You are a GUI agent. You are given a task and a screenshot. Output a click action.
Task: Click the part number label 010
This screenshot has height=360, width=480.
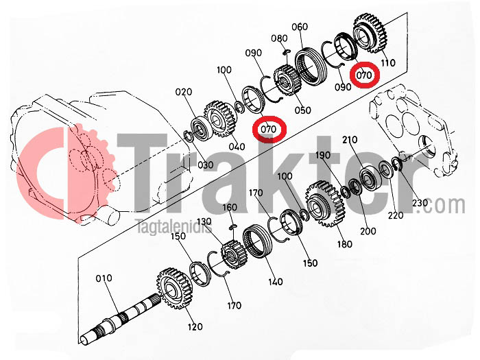click(x=104, y=278)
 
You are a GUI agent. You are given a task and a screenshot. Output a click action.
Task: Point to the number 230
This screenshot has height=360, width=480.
click(x=420, y=203)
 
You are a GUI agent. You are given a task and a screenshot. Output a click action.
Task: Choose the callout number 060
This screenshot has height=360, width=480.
click(x=300, y=27)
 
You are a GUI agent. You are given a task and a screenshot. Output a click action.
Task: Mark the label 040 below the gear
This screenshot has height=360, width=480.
click(x=237, y=147)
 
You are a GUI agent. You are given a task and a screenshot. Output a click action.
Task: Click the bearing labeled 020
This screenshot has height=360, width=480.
click(x=200, y=129)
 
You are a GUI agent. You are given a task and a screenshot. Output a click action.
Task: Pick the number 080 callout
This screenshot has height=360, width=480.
click(x=280, y=38)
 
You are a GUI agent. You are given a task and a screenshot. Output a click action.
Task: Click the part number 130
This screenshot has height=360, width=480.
click(x=204, y=221)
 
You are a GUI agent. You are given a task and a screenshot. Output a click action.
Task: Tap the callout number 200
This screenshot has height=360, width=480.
click(x=368, y=231)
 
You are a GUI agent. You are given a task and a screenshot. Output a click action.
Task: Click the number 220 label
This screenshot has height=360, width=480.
click(x=396, y=215)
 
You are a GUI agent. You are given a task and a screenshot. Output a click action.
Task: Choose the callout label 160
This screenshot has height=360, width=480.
click(x=230, y=208)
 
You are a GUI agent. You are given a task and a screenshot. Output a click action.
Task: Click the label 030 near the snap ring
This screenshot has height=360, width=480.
click(x=206, y=165)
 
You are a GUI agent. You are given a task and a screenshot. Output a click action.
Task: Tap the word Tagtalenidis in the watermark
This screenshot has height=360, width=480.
click(x=173, y=227)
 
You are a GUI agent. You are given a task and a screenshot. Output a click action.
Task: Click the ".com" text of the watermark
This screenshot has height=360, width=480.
click(x=443, y=205)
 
